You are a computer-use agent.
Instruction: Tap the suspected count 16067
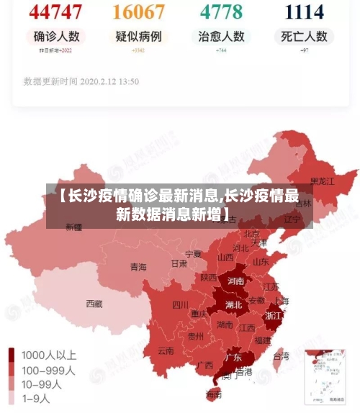pyautogui.click(x=139, y=12)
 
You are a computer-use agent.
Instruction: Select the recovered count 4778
pyautogui.click(x=222, y=12)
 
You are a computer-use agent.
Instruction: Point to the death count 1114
pyautogui.click(x=304, y=12)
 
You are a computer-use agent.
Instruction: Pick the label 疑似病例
pyautogui.click(x=139, y=36)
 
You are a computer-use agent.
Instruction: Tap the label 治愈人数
pyautogui.click(x=222, y=36)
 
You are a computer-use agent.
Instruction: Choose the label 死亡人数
pyautogui.click(x=304, y=36)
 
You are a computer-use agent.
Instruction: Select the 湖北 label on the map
pyautogui.click(x=233, y=304)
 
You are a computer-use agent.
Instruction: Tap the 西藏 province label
pyautogui.click(x=94, y=304)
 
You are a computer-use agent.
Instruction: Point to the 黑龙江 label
pyautogui.click(x=322, y=181)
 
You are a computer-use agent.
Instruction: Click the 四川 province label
pyautogui.click(x=180, y=304)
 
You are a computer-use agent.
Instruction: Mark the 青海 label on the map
pyautogui.click(x=138, y=267)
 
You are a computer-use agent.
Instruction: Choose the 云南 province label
pyautogui.click(x=166, y=352)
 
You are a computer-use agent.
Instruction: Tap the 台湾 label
pyautogui.click(x=281, y=355)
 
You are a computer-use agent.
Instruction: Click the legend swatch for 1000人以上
pyautogui.click(x=12, y=355)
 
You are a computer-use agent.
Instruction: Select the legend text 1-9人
pyautogui.click(x=36, y=397)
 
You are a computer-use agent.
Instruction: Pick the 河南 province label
pyautogui.click(x=235, y=281)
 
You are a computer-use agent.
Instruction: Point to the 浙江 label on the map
pyautogui.click(x=274, y=315)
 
